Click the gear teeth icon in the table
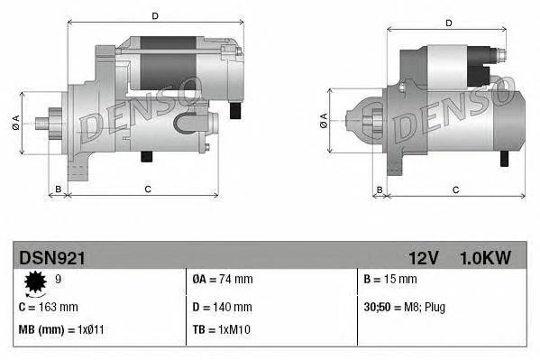pos(36,284)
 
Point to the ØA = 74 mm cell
pos(223,280)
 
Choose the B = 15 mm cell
pos(391,280)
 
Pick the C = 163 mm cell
pos(48,306)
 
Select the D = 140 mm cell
pos(221,306)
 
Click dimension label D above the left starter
pos(155,16)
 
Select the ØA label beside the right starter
pos(323,120)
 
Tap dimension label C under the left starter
pos(147,189)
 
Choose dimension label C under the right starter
pos(455,189)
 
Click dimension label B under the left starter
pos(58,189)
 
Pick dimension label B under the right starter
pos(380,189)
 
